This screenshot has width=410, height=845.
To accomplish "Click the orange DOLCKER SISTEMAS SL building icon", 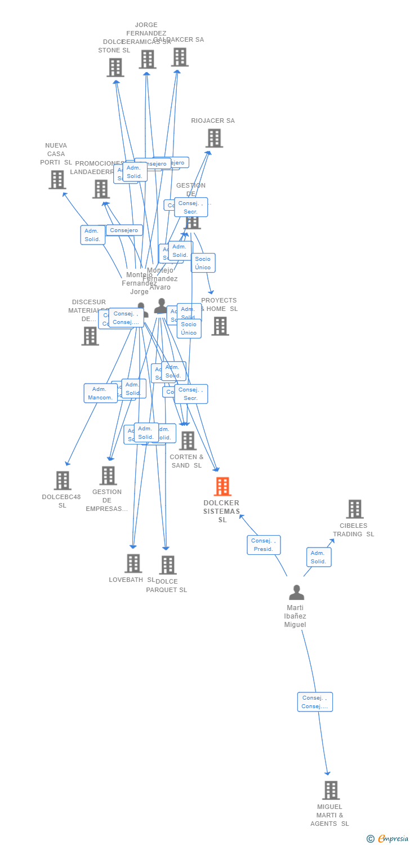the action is [x=222, y=487].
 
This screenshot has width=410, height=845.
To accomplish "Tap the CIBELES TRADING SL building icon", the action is [x=354, y=509].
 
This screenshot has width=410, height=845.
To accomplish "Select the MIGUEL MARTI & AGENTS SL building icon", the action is [x=331, y=790].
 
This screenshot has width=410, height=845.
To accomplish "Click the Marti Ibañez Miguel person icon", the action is [x=296, y=593].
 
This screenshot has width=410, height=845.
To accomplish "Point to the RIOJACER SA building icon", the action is [x=214, y=138].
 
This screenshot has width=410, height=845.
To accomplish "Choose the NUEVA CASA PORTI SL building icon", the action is [x=57, y=180].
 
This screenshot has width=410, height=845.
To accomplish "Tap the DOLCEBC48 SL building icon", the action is [x=63, y=481].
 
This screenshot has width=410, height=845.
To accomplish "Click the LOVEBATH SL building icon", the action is [x=133, y=563].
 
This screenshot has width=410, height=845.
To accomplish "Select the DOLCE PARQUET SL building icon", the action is [x=167, y=565].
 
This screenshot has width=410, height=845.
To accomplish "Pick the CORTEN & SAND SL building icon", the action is [x=188, y=441].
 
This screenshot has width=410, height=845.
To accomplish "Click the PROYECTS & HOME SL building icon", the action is [x=220, y=326].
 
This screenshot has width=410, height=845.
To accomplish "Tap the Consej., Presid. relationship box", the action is [x=264, y=545].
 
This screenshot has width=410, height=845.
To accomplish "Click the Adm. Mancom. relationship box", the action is [x=100, y=393].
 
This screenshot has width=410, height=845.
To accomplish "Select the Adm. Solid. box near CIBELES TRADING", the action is [x=319, y=557].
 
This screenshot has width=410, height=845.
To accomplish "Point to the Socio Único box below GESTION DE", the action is [x=203, y=263].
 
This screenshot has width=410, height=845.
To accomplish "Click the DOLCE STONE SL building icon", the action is [x=115, y=68].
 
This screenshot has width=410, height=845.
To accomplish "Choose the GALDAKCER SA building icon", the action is [x=180, y=57].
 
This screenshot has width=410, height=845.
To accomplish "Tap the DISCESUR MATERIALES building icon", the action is [x=90, y=336].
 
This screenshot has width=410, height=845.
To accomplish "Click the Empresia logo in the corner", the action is [x=388, y=839].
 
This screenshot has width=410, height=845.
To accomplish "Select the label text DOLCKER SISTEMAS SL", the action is [x=221, y=511].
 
